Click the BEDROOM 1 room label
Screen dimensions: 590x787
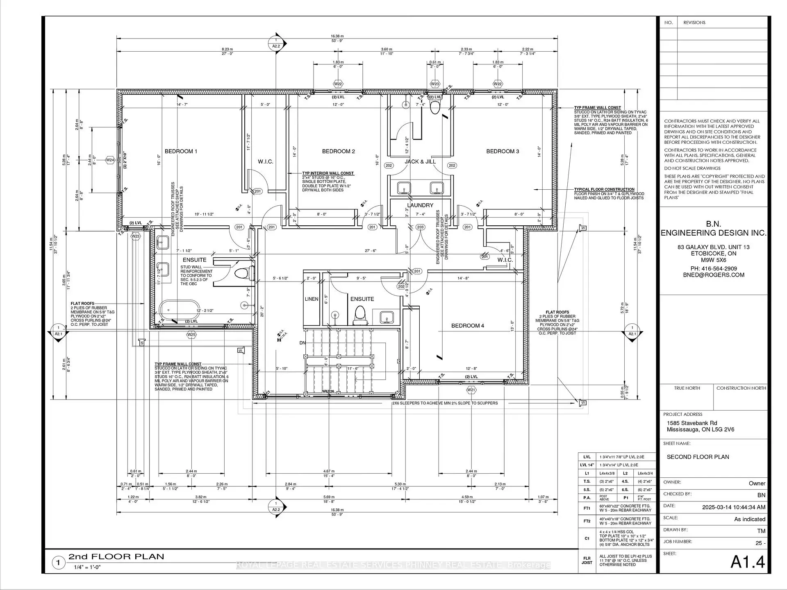pyautogui.click(x=181, y=151)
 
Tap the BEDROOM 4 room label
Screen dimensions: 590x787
pyautogui.click(x=467, y=326)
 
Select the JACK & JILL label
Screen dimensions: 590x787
pyautogui.click(x=420, y=161)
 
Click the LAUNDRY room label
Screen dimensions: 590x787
pyautogui.click(x=420, y=205)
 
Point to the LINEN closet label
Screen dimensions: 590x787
pyautogui.click(x=312, y=299)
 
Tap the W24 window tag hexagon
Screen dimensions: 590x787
pyautogui.click(x=110, y=160)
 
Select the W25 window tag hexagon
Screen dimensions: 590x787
pyautogui.click(x=191, y=335)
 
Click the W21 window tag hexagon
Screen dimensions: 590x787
pyautogui.click(x=471, y=390)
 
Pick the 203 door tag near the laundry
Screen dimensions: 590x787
pyautogui.click(x=420, y=227)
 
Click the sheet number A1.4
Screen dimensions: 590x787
pyautogui.click(x=748, y=562)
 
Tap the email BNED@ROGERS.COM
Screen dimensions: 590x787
pyautogui.click(x=713, y=275)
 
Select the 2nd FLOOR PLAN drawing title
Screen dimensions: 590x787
pyautogui.click(x=116, y=557)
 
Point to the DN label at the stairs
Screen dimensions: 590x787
pyautogui.click(x=303, y=343)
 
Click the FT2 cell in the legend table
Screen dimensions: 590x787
pyautogui.click(x=587, y=521)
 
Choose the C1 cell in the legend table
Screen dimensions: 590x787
pyautogui.click(x=587, y=539)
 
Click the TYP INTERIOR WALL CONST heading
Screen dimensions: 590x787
pyautogui.click(x=328, y=173)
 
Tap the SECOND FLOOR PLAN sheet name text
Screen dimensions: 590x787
pyautogui.click(x=698, y=457)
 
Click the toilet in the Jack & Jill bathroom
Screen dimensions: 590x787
pyautogui.click(x=434, y=107)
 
